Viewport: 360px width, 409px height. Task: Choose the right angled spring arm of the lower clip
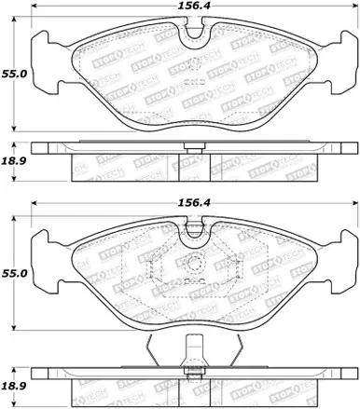[x=234, y=351]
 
